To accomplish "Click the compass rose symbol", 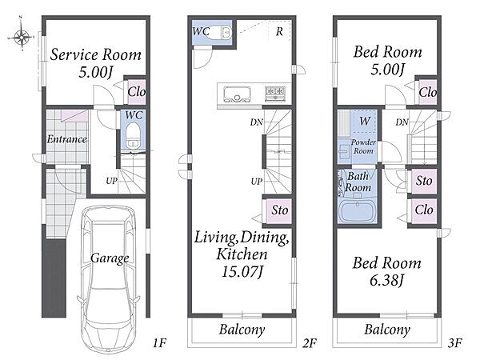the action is click(22, 38).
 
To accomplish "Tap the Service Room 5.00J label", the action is click(95, 63).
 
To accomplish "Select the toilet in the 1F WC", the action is click(133, 135).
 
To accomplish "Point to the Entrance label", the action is click(66, 139).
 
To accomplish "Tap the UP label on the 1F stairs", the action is click(112, 181).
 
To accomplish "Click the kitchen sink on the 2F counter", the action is click(238, 94).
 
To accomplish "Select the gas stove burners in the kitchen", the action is click(275, 93).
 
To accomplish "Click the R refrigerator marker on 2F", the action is click(279, 31).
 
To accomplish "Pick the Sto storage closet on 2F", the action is click(278, 211).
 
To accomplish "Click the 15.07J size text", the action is click(242, 271).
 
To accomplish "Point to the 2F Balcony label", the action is click(242, 330).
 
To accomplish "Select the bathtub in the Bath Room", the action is click(358, 211).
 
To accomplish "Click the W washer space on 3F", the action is click(364, 122).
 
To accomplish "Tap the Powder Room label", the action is click(363, 146).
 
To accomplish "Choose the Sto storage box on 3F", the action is click(424, 181).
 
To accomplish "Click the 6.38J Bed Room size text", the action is click(387, 281).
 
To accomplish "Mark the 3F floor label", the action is click(454, 343).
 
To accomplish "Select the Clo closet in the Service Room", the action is click(136, 91).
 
